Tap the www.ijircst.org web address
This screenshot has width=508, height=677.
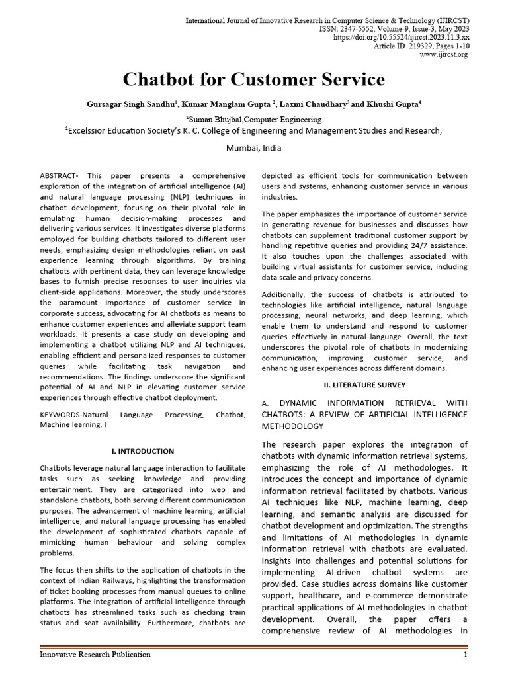coord(444,54)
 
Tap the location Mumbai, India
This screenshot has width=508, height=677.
coord(253,148)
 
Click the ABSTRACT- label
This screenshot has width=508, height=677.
coord(60,176)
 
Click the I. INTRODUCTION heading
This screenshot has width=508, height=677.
coord(142,451)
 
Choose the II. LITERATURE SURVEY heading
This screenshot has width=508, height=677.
coord(364,385)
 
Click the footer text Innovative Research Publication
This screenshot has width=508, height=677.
coord(95,655)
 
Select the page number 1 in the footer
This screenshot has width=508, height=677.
coord(466,655)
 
